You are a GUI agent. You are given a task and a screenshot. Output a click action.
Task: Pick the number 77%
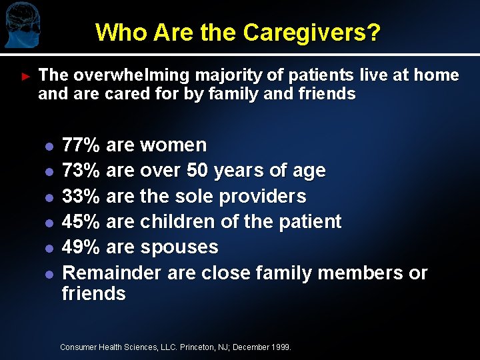pyautogui.click(x=81, y=145)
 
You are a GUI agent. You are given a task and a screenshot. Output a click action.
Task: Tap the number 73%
pyautogui.click(x=81, y=171)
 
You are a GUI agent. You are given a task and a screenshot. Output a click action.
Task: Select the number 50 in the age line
pyautogui.click(x=197, y=171)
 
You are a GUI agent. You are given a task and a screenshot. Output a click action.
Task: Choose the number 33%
pyautogui.click(x=81, y=196)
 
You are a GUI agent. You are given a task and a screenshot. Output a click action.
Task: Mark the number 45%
pyautogui.click(x=81, y=221)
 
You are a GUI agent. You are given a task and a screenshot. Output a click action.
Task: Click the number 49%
pyautogui.click(x=81, y=247)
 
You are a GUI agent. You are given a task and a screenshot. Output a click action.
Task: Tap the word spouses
pyautogui.click(x=179, y=247)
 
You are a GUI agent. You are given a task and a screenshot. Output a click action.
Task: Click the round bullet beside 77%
pyautogui.click(x=48, y=146)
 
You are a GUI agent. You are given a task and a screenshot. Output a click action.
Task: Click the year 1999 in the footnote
pyautogui.click(x=281, y=347)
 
